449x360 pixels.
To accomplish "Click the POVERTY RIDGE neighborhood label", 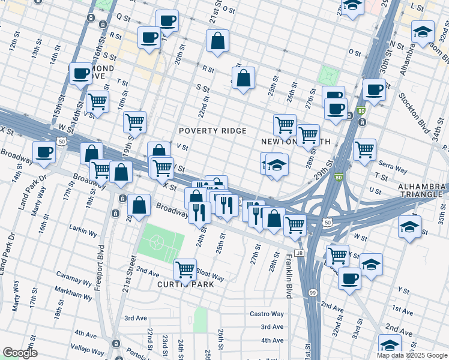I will [x=212, y=131].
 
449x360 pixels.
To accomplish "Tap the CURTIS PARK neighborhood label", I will [x=185, y=284].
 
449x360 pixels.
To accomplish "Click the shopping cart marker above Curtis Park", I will [x=185, y=270].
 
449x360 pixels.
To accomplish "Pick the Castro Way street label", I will [x=267, y=314].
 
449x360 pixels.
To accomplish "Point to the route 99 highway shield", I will [x=313, y=292].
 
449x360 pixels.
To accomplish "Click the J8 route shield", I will [x=300, y=254].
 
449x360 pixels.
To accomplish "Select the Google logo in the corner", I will [x=20, y=353].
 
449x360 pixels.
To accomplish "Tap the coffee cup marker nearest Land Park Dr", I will [x=44, y=152].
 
